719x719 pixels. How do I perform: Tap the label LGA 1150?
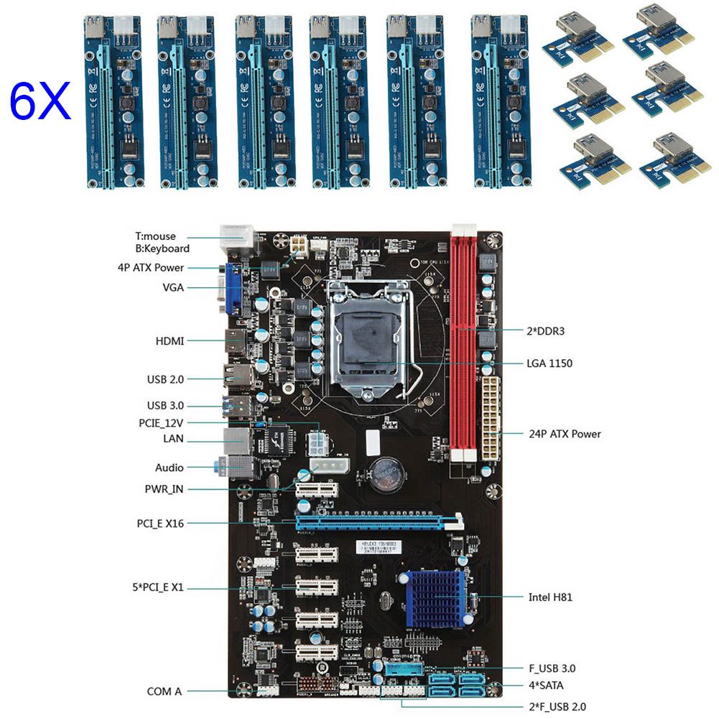pos(549,363)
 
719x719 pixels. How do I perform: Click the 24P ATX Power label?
pos(564,434)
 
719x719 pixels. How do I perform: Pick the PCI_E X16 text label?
pos(161,524)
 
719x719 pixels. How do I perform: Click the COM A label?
pos(164,692)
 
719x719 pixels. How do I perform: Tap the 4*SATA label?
pos(546,686)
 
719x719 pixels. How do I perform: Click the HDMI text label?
pos(170,340)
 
